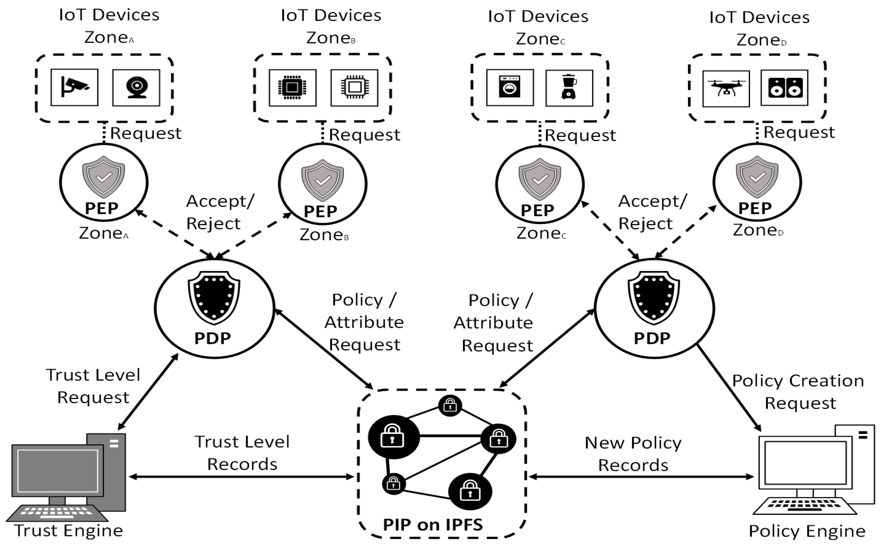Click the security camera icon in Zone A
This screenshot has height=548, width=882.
point(74,87)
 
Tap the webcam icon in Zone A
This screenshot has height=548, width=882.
point(136,88)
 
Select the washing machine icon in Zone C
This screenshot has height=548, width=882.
point(509,87)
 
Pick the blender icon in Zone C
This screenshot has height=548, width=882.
point(569,87)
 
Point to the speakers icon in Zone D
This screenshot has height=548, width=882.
point(784,88)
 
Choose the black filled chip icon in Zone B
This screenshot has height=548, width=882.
point(292,88)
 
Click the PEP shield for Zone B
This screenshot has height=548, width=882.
point(322,180)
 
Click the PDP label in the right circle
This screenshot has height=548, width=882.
point(652,338)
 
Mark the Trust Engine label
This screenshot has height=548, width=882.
point(69,531)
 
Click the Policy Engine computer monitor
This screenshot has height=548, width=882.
point(805,463)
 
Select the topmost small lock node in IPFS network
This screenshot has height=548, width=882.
point(450,406)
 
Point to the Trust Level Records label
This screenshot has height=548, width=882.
point(242,453)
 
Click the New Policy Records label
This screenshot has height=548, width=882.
point(633,454)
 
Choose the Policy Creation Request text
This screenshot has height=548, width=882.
point(798,392)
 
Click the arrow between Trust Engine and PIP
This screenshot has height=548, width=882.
point(241,477)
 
